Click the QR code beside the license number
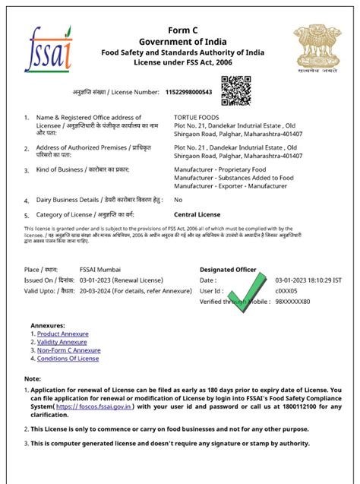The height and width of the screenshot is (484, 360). click(235, 91)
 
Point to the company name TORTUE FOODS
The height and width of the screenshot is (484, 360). click(196, 117)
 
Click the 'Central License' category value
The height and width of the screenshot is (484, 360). click(198, 214)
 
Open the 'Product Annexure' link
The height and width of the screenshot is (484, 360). click(62, 334)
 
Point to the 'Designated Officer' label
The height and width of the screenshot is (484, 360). click(228, 270)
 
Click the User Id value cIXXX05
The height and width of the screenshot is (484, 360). click(287, 290)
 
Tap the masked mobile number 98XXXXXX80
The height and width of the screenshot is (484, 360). click(292, 301)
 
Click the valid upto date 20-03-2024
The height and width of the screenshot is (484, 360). click(98, 290)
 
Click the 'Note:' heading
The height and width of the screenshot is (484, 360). click(33, 378)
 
